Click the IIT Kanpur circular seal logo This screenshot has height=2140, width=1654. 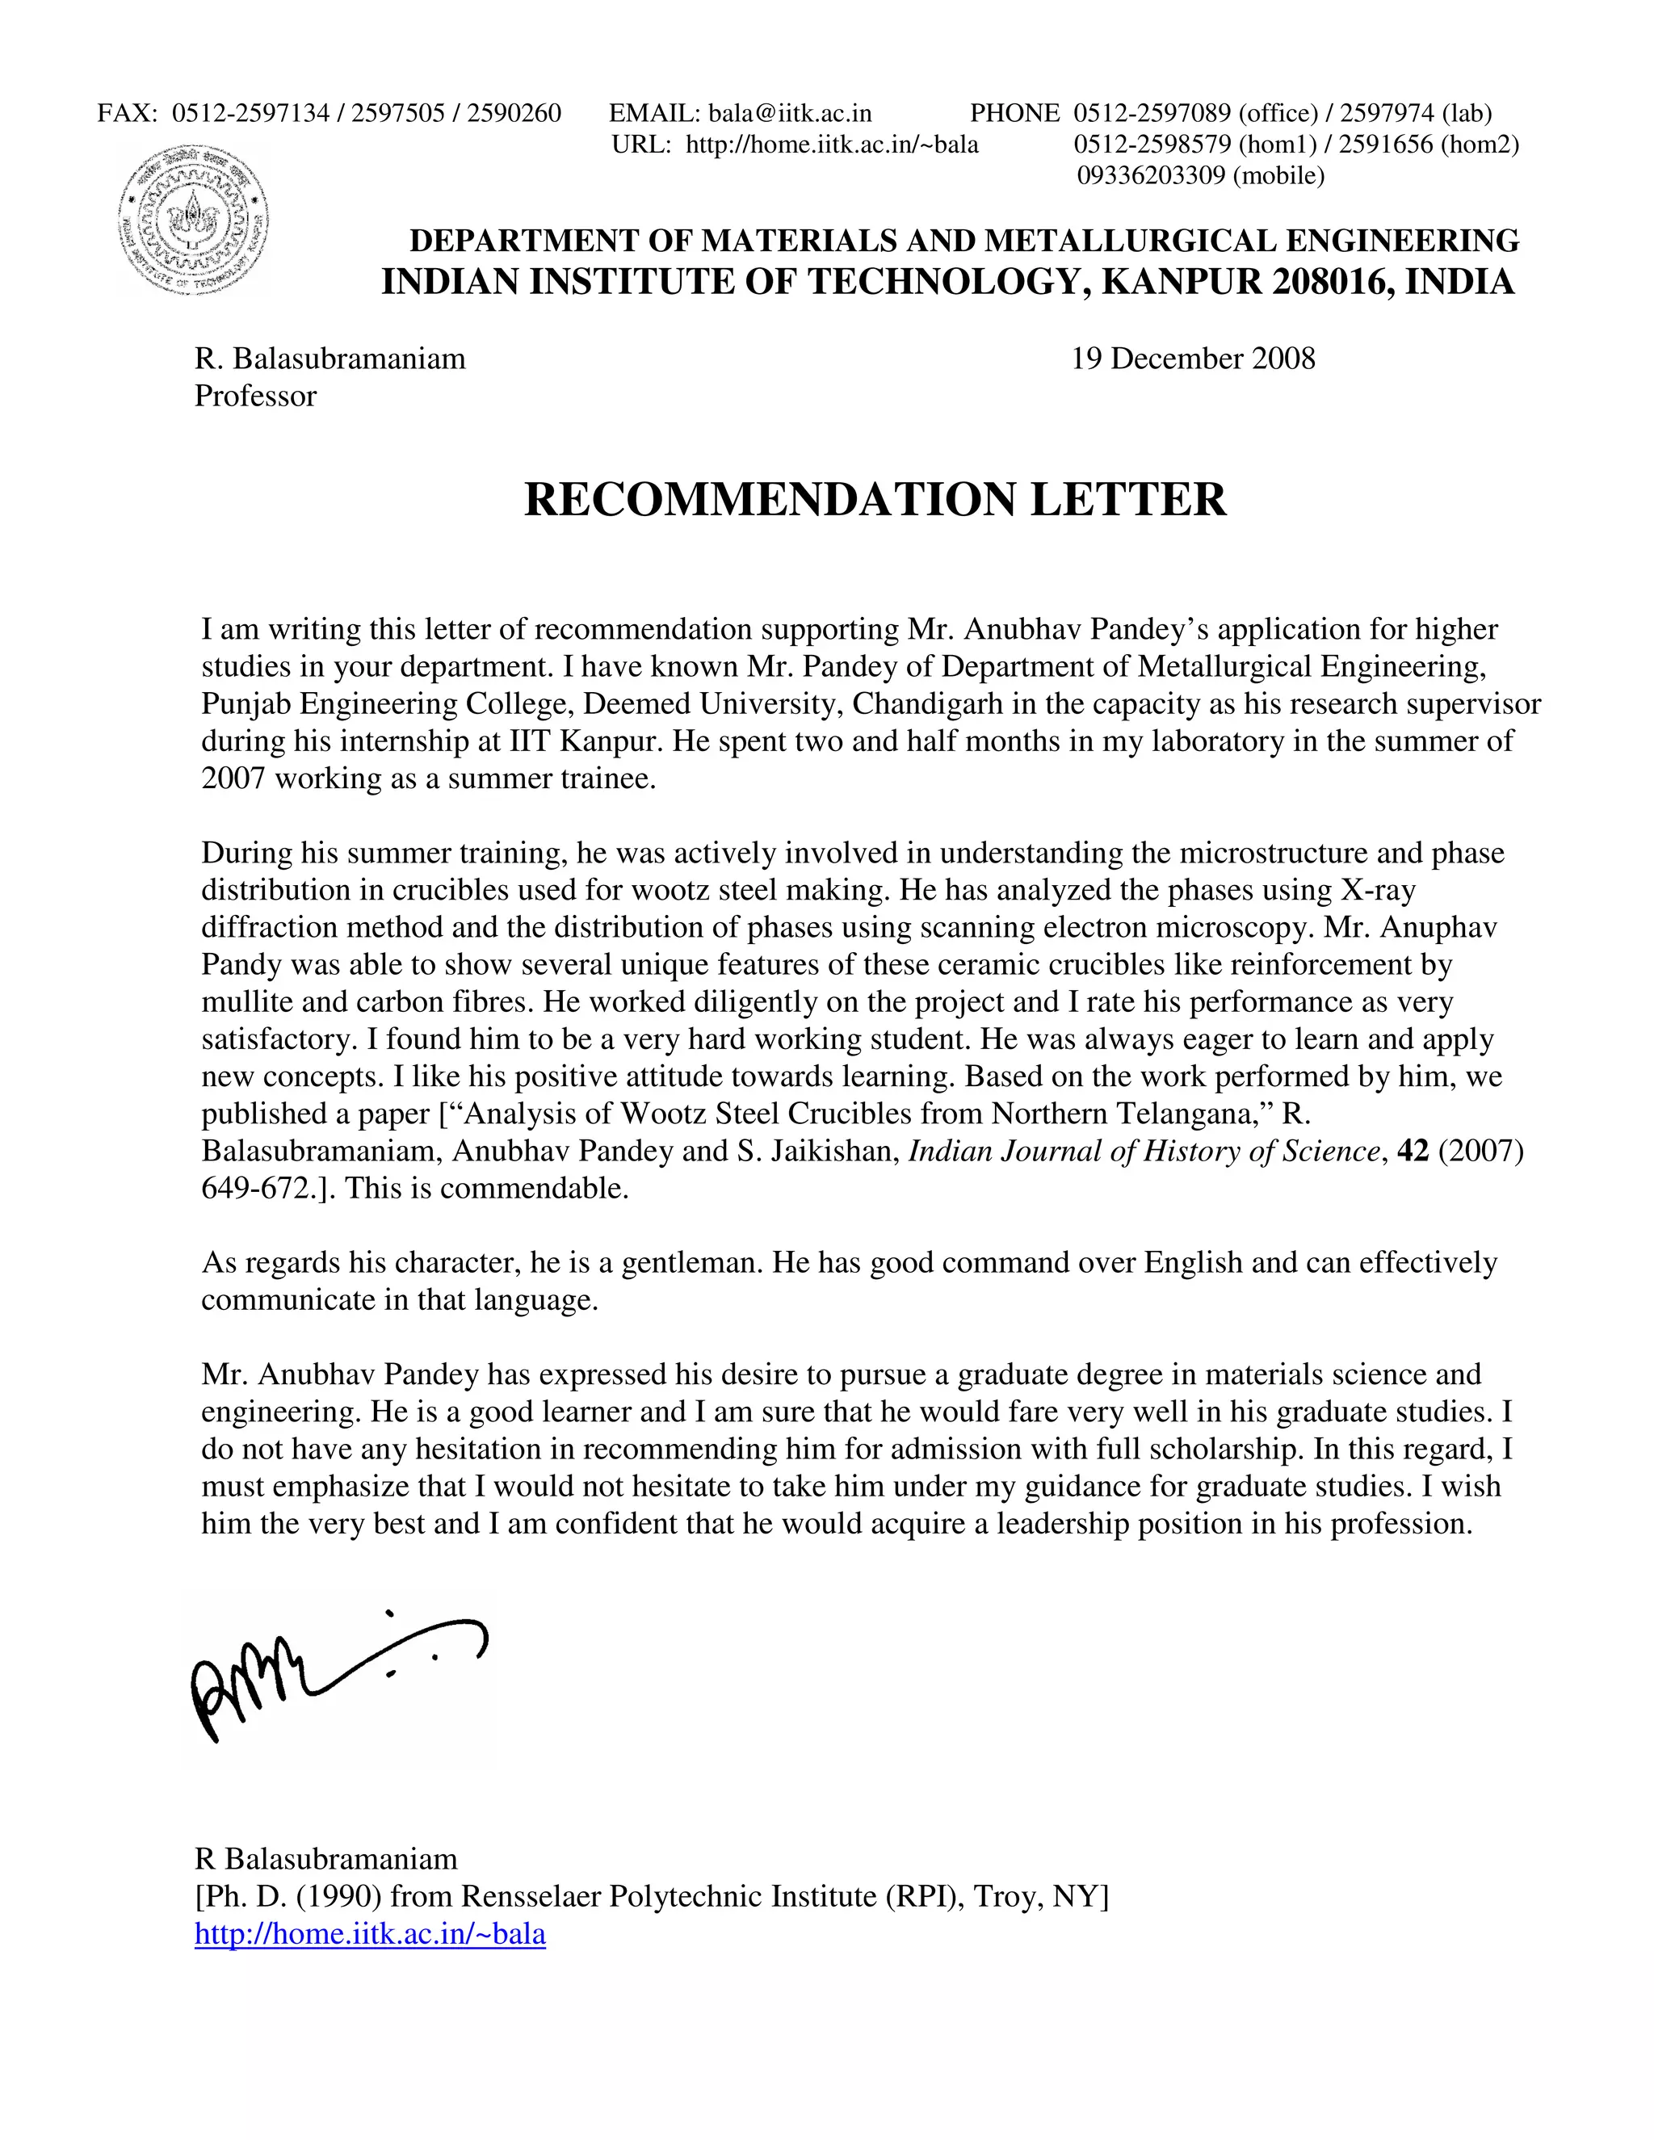click(194, 220)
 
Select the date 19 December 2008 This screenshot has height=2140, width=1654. click(1193, 359)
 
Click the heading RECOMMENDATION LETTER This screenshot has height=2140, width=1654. click(875, 500)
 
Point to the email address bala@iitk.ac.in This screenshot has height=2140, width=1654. click(790, 114)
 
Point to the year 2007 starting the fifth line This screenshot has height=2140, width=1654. click(233, 779)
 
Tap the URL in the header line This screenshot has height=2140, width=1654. click(831, 145)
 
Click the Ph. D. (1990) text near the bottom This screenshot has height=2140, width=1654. click(291, 1897)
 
